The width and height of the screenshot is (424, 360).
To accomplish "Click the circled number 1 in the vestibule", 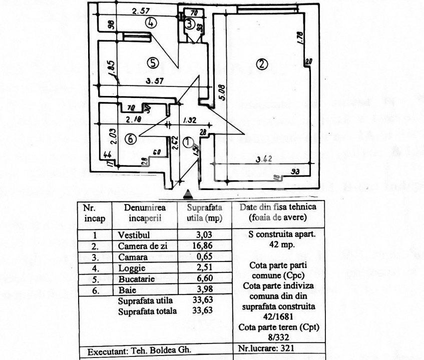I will point(187,142).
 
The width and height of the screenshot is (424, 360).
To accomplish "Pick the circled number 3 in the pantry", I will point(189,23).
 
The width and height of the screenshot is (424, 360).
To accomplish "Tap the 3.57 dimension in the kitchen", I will point(156,81).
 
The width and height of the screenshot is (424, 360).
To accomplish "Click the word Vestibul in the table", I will point(134,235).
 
